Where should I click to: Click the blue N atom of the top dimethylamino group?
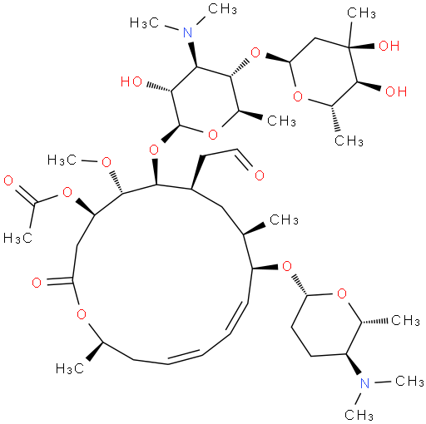click(188, 32)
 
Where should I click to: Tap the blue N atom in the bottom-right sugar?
click(364, 383)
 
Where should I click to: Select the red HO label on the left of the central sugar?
click(131, 81)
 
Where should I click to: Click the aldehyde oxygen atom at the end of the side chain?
click(260, 175)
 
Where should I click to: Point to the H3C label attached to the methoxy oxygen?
click(62, 160)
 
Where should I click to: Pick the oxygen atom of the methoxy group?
click(106, 162)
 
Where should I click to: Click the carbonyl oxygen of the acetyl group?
click(8, 181)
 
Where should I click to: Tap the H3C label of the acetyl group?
click(17, 238)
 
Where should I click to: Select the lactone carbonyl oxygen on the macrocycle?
click(37, 283)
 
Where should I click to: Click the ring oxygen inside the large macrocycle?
click(82, 314)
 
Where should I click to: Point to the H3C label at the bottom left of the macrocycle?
click(70, 368)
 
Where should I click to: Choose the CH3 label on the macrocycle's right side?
click(284, 219)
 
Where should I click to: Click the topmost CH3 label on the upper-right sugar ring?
click(361, 13)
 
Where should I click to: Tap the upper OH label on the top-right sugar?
click(389, 46)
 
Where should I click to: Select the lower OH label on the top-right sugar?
click(396, 91)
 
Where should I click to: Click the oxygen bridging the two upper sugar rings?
click(255, 52)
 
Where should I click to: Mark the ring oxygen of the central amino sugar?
click(213, 135)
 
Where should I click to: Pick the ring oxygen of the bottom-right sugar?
click(342, 293)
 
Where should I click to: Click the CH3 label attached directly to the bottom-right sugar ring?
click(405, 321)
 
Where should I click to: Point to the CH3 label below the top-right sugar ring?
click(349, 141)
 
